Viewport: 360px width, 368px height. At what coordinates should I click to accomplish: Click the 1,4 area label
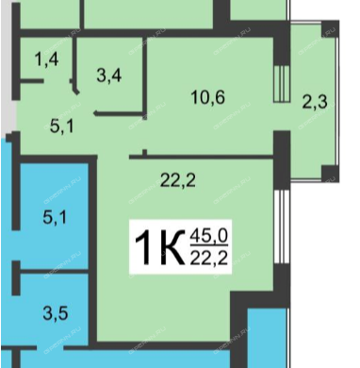[47, 59]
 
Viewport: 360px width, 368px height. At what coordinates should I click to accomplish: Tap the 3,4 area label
[109, 75]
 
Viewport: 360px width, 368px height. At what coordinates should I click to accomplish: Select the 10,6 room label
[208, 97]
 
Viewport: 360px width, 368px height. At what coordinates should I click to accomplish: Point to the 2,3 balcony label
[315, 102]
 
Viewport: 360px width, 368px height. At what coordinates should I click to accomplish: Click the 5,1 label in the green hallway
[62, 126]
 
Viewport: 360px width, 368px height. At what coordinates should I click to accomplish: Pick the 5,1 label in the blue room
[55, 217]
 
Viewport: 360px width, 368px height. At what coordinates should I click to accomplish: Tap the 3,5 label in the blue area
[56, 313]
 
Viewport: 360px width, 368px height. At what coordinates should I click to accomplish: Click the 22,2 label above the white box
[178, 180]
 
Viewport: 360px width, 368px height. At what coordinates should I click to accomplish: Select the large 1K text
[159, 247]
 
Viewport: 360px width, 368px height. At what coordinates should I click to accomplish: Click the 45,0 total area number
[209, 236]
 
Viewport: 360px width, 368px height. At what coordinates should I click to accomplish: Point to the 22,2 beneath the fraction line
[209, 259]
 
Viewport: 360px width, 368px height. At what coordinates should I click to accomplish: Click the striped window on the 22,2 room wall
[282, 226]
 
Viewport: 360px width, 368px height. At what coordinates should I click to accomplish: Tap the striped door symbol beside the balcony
[281, 84]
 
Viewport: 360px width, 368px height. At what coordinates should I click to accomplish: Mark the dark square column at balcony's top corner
[330, 28]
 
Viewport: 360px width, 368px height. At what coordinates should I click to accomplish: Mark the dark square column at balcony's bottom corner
[330, 173]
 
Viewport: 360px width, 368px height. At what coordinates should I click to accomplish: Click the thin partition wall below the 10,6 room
[201, 157]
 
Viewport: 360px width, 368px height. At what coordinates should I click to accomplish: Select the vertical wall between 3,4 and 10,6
[144, 78]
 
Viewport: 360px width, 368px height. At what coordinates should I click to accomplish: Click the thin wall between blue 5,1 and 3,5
[54, 271]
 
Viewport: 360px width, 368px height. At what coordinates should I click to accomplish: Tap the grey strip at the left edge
[7, 68]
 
